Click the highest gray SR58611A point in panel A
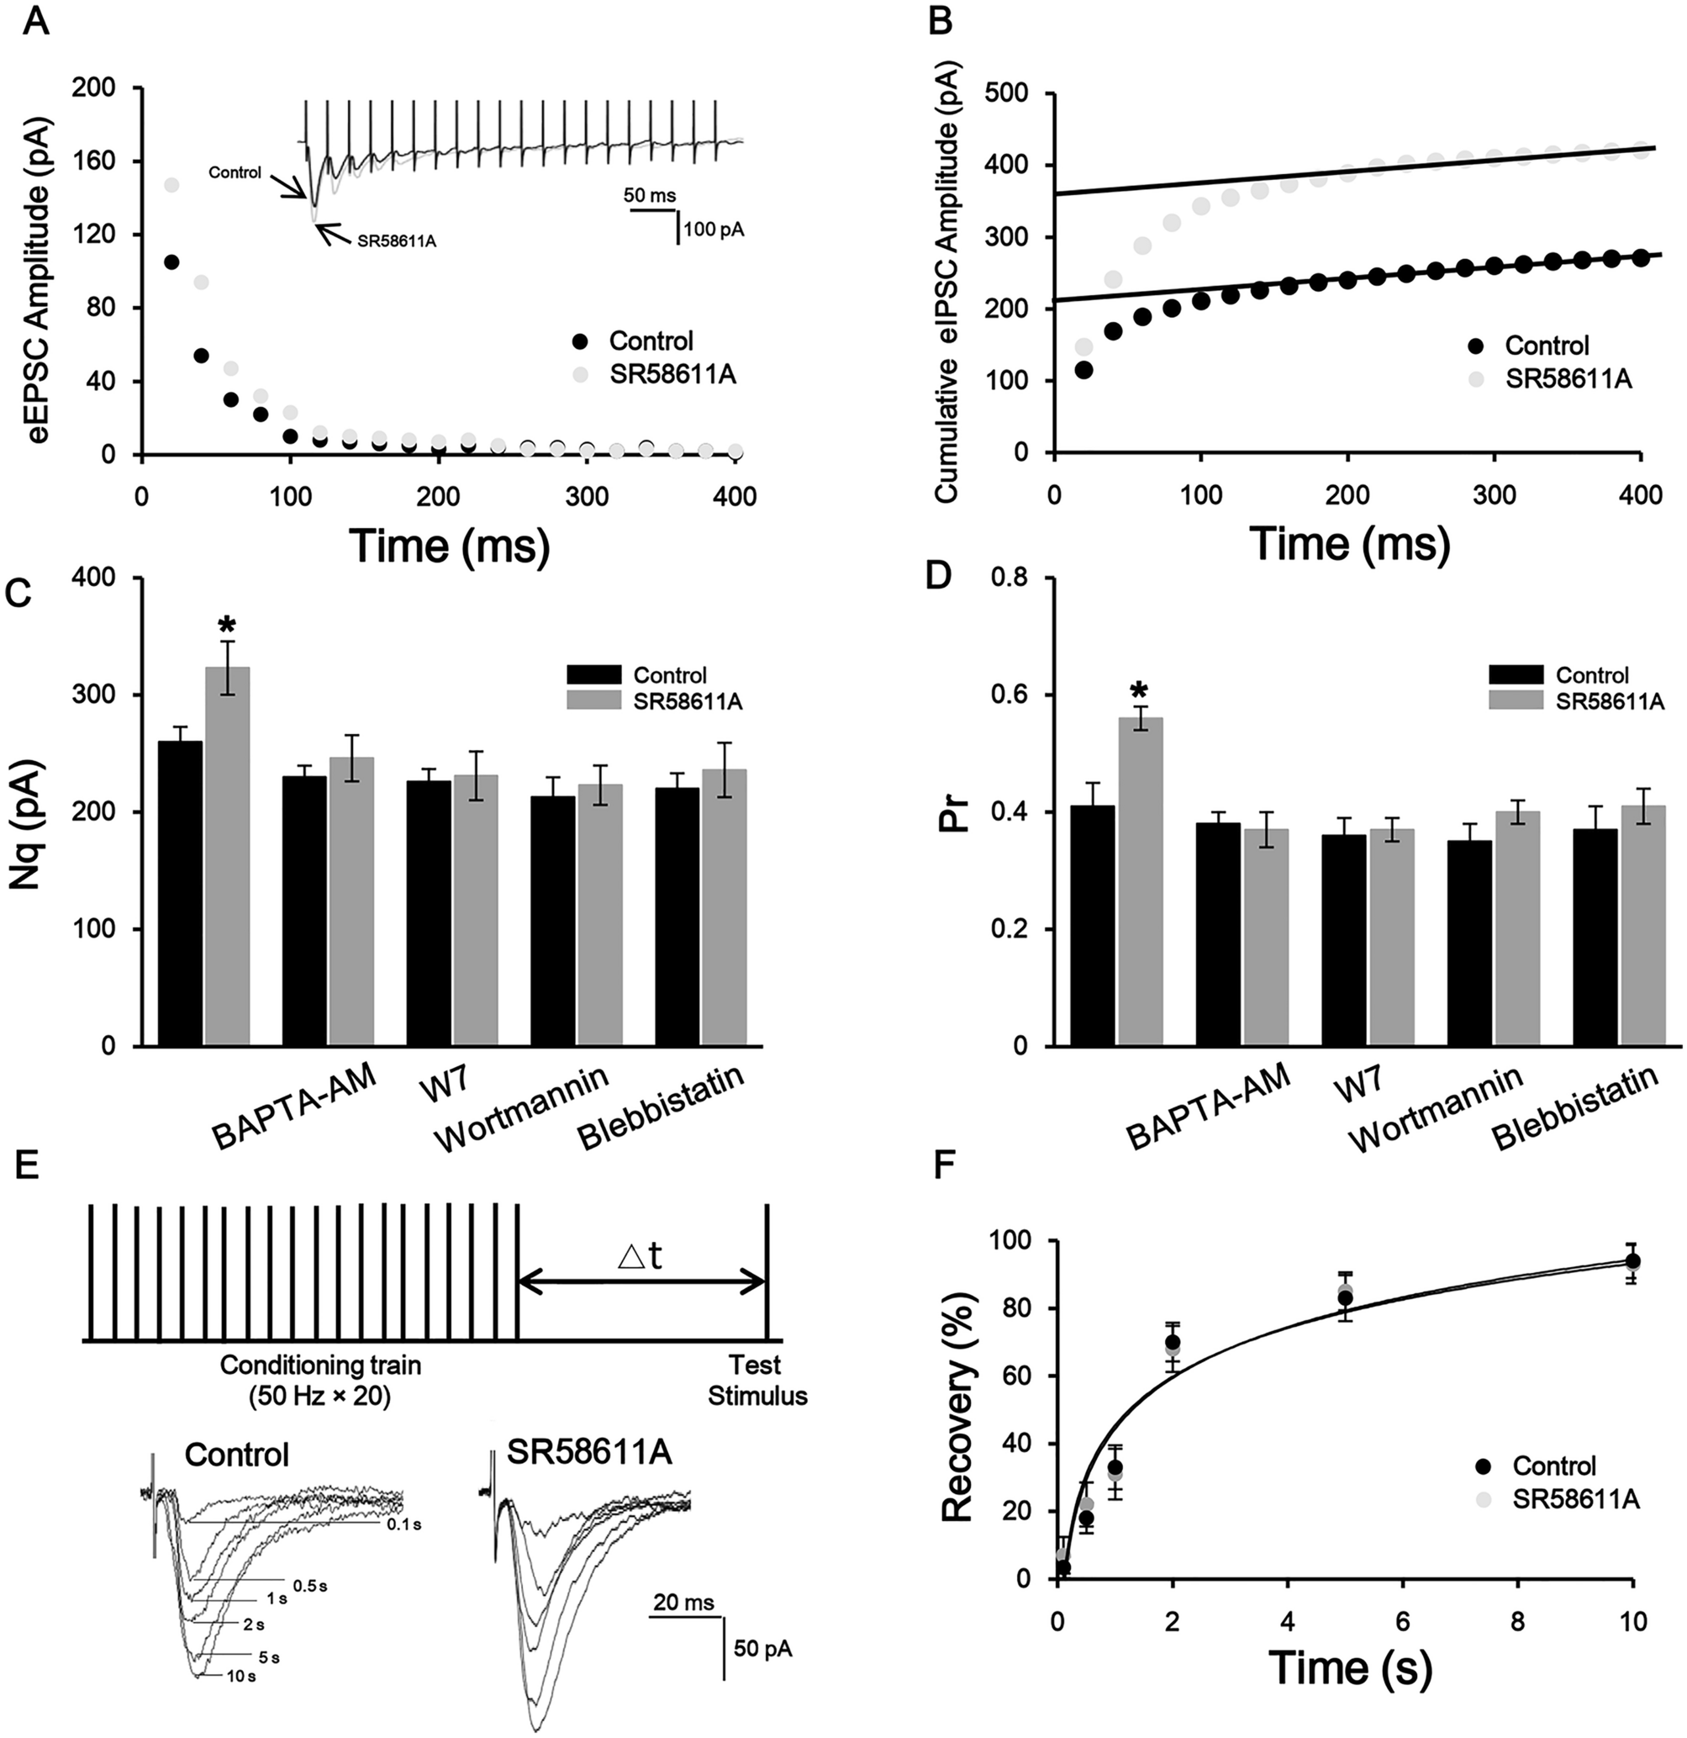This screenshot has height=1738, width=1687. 171,184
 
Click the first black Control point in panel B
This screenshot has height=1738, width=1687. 1083,370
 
